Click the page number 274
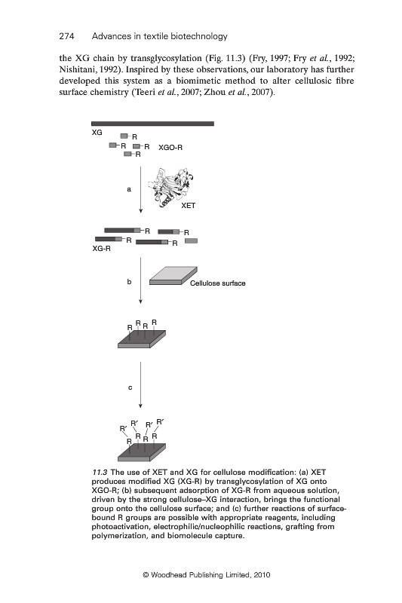[x=66, y=36]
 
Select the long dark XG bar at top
[x=152, y=124]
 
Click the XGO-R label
[x=170, y=147]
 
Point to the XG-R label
[x=101, y=249]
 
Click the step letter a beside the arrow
[x=129, y=189]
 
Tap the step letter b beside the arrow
[x=129, y=281]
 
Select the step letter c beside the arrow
[x=130, y=387]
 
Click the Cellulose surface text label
[x=218, y=283]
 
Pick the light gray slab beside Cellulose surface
[x=173, y=276]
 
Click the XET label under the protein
[x=188, y=205]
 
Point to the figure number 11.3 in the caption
[x=100, y=473]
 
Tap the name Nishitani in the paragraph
[x=75, y=69]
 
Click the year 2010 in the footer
[x=262, y=575]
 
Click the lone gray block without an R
[x=191, y=240]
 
